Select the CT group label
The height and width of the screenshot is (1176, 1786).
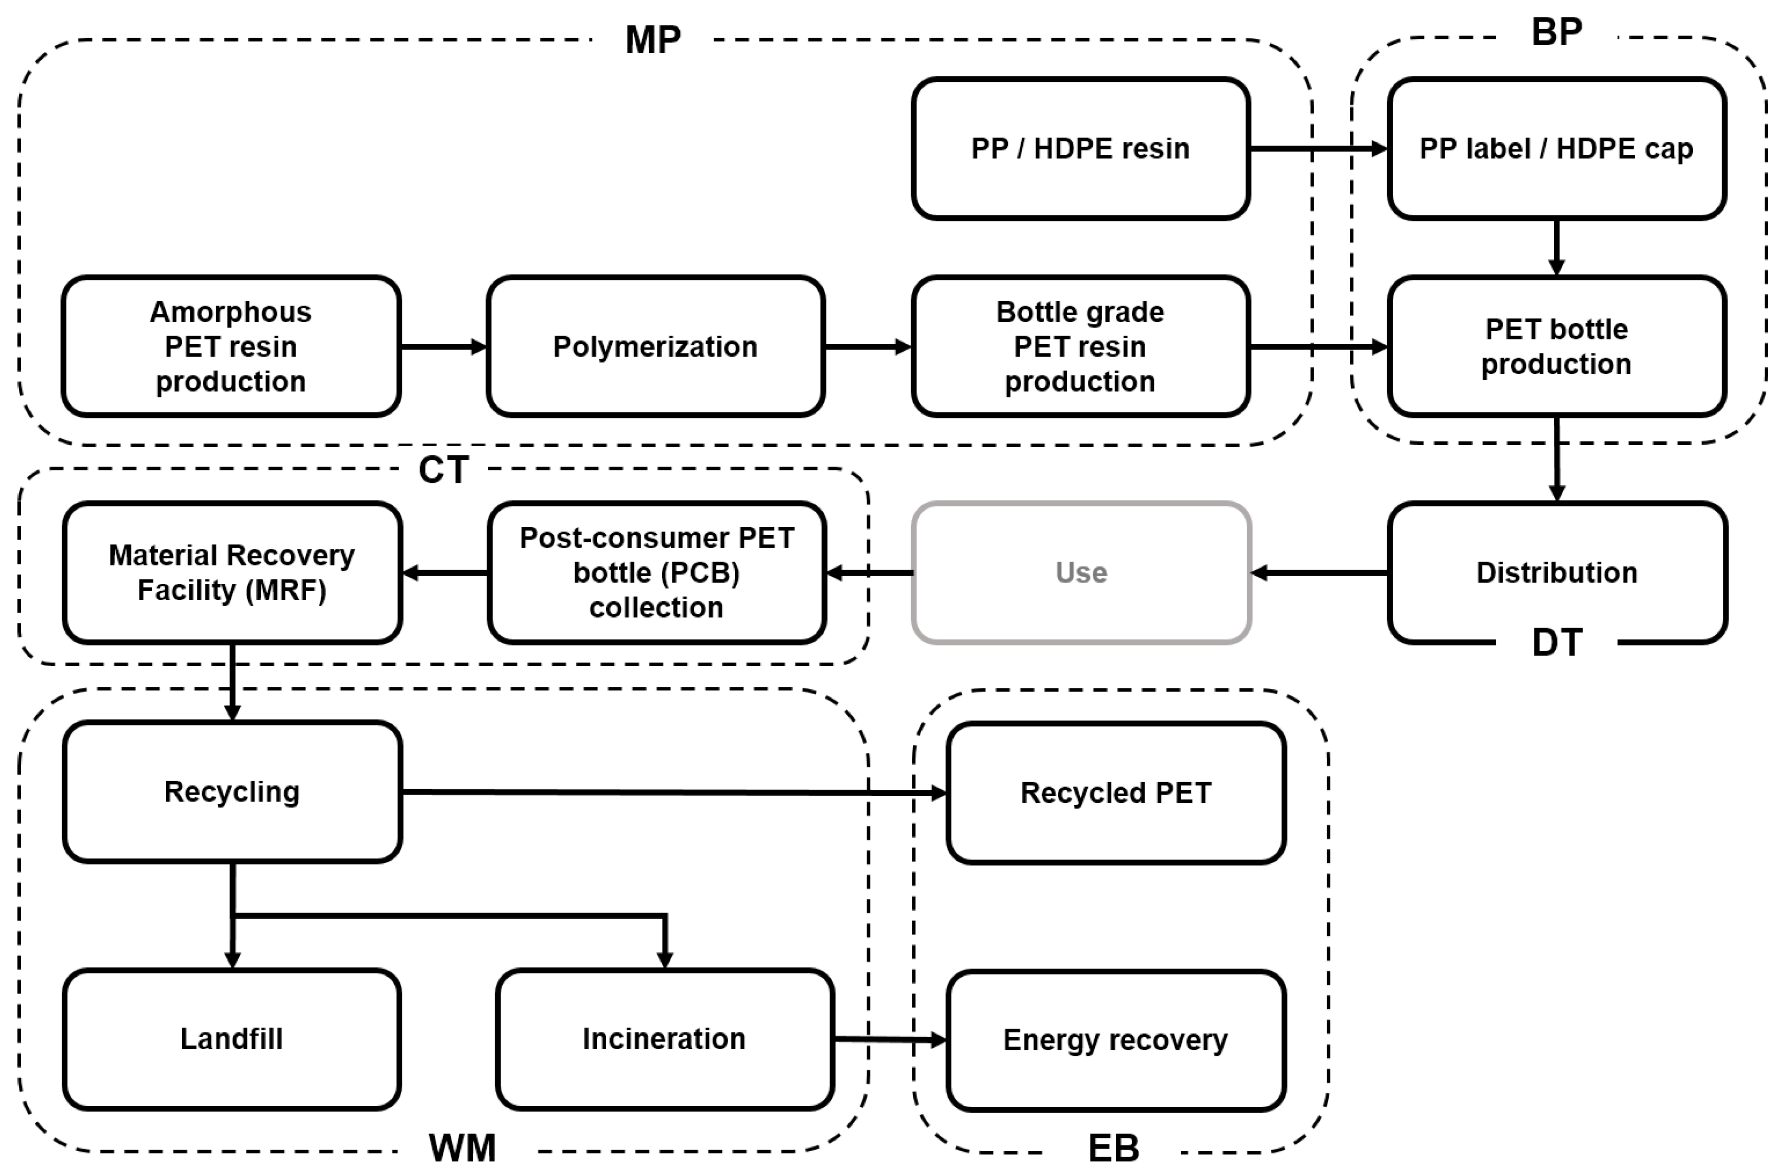pyautogui.click(x=444, y=470)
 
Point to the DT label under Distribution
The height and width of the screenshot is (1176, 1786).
pyautogui.click(x=1557, y=642)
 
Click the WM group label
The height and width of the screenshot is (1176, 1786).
pyautogui.click(x=462, y=1147)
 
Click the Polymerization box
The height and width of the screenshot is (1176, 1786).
pyautogui.click(x=655, y=347)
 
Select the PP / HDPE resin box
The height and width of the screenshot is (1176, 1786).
pyautogui.click(x=1080, y=148)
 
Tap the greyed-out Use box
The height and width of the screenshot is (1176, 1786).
pyautogui.click(x=1080, y=572)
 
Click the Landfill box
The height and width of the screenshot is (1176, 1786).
pyautogui.click(x=231, y=1039)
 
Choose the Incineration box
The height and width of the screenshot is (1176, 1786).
pyautogui.click(x=664, y=1039)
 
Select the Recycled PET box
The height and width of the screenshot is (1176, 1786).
pyautogui.click(x=1115, y=792)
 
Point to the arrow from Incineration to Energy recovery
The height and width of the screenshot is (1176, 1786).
pyautogui.click(x=889, y=1039)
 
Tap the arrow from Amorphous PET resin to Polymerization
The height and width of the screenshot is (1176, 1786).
pyautogui.click(x=443, y=347)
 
